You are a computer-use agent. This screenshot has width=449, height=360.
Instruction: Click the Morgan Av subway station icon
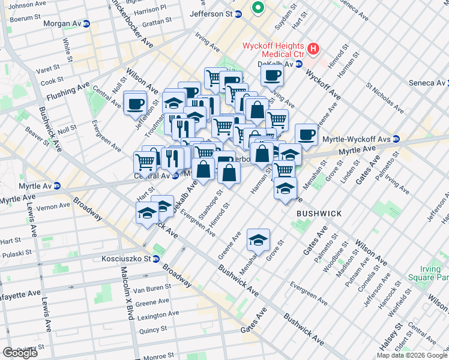coord(86,24)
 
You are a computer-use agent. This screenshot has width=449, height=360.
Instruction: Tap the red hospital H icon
coord(312,49)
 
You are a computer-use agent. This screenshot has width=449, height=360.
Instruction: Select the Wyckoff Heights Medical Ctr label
coord(273,51)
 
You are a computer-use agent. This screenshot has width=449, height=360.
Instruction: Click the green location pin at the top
coord(258,8)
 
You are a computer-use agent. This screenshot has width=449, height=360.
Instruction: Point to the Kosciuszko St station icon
coord(155,259)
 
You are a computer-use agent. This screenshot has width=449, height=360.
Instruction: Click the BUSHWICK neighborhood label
coord(319,214)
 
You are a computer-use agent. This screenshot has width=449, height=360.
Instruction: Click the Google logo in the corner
coord(20,352)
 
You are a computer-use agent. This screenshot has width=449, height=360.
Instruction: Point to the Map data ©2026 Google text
coord(411,355)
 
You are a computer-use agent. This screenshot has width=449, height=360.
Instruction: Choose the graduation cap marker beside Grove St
coord(258,240)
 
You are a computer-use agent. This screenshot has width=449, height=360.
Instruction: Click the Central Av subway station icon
coord(175,176)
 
